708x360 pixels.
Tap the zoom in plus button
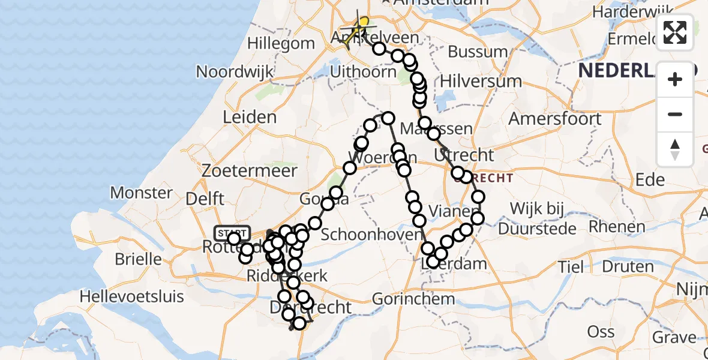[675, 79]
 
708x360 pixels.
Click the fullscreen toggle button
[675, 32]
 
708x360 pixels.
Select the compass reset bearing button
[675, 149]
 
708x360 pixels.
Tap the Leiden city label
[250, 117]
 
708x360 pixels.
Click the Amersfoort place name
[554, 118]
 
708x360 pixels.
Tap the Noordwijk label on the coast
[235, 71]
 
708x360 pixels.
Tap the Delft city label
[205, 198]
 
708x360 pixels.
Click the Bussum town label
[478, 51]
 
